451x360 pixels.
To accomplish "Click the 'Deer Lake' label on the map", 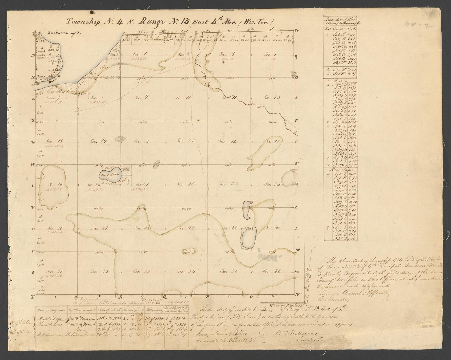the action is tap(110, 175).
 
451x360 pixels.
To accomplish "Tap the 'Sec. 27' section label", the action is tap(186, 228).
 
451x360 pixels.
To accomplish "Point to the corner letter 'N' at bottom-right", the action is tap(297, 295).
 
